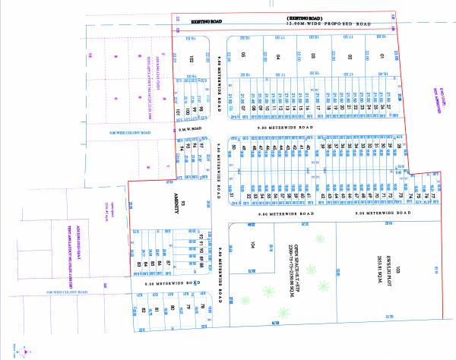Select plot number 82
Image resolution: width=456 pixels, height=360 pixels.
[x=143, y=310]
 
